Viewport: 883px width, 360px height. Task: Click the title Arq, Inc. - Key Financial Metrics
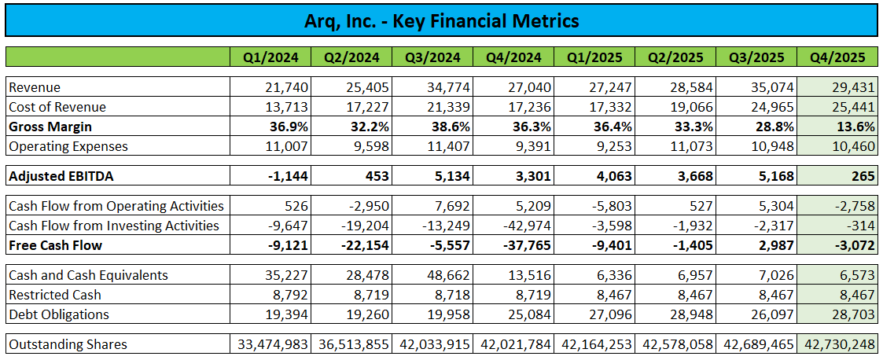442,21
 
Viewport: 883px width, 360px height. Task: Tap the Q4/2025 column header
837,57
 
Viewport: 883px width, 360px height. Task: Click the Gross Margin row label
50,127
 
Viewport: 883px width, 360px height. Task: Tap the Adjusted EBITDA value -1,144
289,176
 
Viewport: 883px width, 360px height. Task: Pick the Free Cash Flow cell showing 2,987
777,245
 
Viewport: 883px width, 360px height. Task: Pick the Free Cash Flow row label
56,245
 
